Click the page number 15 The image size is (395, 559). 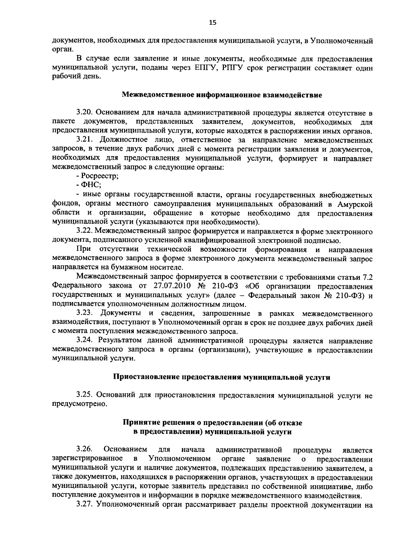click(x=213, y=22)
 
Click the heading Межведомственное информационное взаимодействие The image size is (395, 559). click(x=222, y=96)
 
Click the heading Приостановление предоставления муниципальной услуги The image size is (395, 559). click(x=222, y=377)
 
